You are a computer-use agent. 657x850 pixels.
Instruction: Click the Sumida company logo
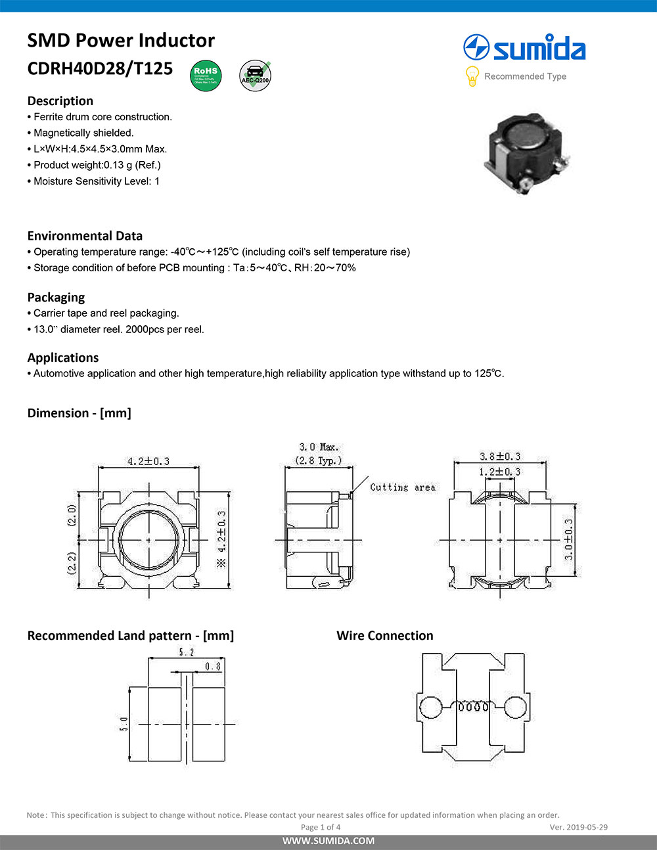click(524, 48)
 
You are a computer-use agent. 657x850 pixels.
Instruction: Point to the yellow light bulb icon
click(472, 76)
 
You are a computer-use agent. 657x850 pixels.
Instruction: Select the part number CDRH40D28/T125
click(100, 68)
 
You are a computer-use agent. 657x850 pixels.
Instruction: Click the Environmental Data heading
click(85, 236)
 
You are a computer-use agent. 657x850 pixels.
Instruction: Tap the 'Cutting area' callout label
click(402, 487)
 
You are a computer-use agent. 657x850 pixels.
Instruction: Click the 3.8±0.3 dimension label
click(499, 457)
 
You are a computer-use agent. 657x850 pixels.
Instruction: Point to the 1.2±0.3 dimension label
click(499, 472)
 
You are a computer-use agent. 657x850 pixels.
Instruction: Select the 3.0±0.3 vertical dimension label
click(569, 539)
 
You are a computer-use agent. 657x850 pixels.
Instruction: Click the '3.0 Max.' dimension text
click(319, 447)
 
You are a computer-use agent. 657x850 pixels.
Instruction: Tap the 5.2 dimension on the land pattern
click(187, 652)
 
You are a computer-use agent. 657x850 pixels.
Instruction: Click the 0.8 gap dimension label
click(213, 666)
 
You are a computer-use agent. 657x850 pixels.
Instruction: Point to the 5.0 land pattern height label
click(124, 724)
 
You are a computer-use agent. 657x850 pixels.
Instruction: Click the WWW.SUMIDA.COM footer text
click(328, 841)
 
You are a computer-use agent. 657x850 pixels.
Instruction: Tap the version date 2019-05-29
click(578, 827)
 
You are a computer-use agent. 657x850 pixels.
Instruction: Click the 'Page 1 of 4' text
click(321, 827)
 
